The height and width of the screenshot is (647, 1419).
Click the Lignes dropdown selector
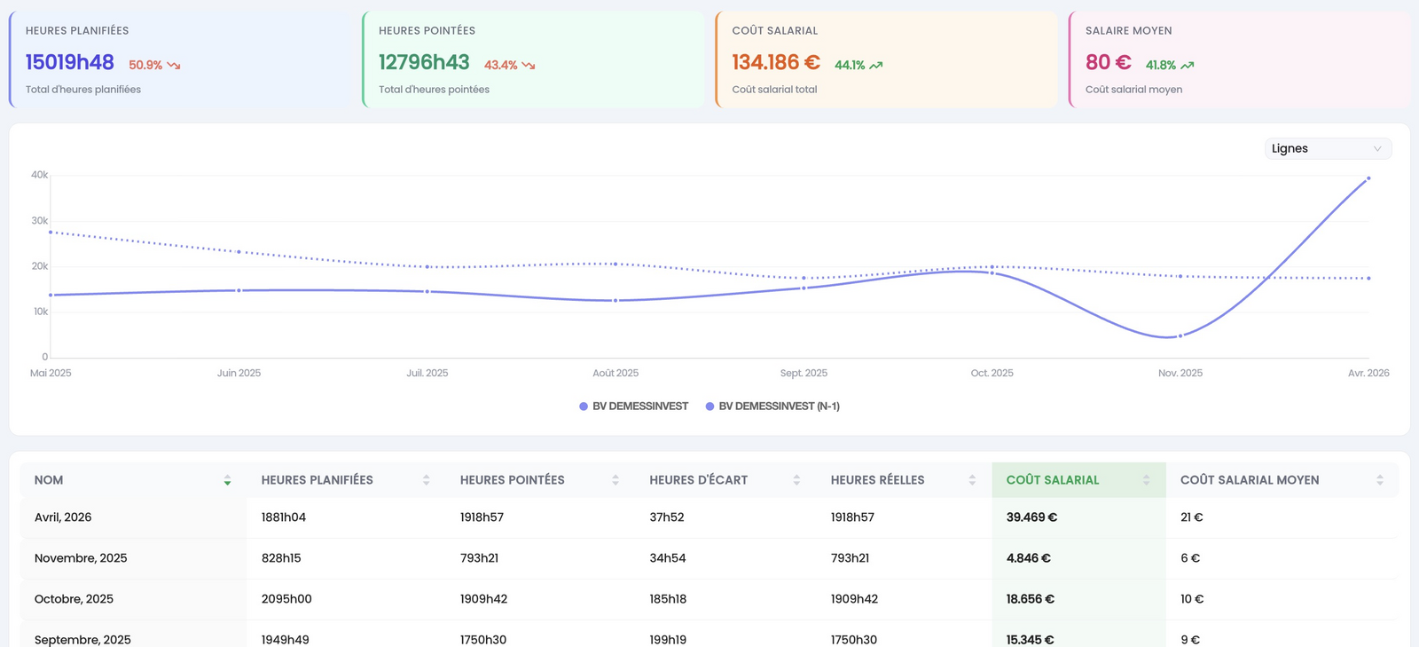(1328, 148)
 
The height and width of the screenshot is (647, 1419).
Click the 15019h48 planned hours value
(70, 63)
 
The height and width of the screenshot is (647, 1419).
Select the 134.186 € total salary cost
(776, 63)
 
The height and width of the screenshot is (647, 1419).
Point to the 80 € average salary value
(1108, 63)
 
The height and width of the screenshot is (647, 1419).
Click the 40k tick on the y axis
(39, 175)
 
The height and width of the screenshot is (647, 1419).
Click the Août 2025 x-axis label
(615, 374)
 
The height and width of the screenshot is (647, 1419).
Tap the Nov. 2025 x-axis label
(1180, 374)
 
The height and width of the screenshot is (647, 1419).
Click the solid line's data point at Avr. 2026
(1368, 178)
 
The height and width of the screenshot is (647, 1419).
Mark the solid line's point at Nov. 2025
(1180, 335)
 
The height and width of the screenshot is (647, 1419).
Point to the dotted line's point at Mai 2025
(51, 232)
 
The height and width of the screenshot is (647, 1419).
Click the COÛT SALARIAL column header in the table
(1052, 480)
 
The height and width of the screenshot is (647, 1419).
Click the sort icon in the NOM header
(227, 480)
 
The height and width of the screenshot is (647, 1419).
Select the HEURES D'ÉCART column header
(698, 480)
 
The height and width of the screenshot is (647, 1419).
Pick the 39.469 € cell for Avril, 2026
(1031, 517)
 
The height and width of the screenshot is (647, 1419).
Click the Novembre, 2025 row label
(81, 558)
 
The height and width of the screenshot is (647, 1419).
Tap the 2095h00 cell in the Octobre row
(286, 599)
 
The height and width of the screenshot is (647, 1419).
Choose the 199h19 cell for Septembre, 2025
(668, 640)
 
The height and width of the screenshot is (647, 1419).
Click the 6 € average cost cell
(1189, 558)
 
